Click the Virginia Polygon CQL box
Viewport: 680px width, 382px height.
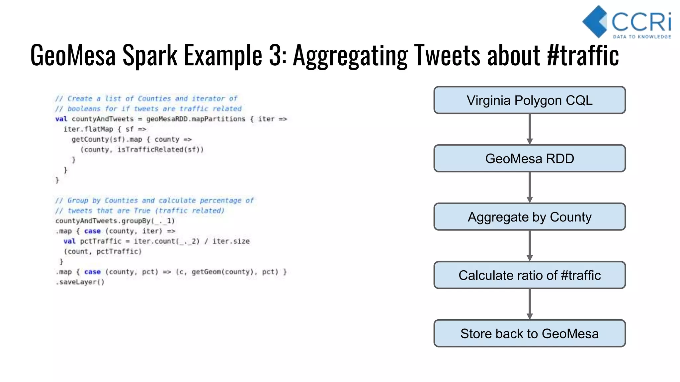point(530,100)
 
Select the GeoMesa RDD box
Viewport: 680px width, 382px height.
point(530,159)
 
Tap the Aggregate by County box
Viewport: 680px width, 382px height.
point(530,217)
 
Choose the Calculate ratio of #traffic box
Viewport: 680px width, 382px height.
point(530,275)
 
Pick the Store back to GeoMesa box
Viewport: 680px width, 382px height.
point(530,334)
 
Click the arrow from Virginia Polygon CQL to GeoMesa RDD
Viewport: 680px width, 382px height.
point(530,129)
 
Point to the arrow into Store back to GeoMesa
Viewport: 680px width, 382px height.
point(530,304)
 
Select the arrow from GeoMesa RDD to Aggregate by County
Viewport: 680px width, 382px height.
point(530,187)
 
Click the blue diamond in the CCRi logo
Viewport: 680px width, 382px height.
point(594,22)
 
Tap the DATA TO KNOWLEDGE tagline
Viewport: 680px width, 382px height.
point(642,37)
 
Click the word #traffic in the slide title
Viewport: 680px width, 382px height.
point(583,56)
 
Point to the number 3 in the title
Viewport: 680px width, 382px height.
point(275,56)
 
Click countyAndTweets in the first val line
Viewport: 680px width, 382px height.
point(103,119)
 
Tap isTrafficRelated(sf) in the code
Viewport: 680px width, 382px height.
point(160,150)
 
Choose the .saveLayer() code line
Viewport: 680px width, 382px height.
point(80,282)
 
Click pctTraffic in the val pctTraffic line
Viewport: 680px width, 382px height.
point(101,241)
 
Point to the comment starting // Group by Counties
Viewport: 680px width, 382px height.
point(154,200)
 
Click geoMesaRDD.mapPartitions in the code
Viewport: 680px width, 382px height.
point(196,119)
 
